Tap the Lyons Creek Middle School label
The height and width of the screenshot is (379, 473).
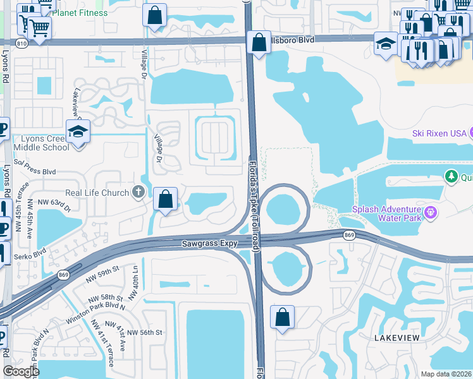[36, 143]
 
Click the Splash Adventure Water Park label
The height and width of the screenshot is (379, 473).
[387, 214]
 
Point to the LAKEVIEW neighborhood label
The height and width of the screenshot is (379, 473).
[396, 339]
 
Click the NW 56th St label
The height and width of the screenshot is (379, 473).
[145, 332]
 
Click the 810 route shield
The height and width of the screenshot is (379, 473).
[22, 43]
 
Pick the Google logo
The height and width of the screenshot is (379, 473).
[21, 371]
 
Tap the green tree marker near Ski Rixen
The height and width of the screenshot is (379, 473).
[451, 176]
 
